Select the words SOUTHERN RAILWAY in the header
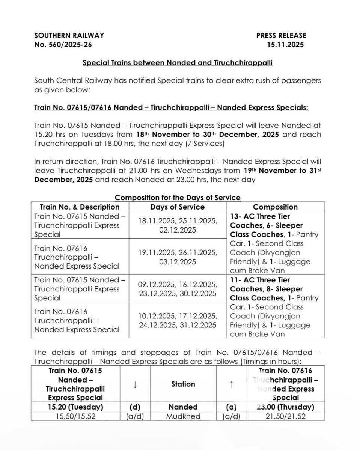coord(69,36)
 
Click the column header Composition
coord(275,207)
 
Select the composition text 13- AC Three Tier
coord(259,217)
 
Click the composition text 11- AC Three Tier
coord(259,280)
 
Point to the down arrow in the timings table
coord(135,384)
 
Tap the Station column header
coord(183,384)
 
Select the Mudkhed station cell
coord(183,415)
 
